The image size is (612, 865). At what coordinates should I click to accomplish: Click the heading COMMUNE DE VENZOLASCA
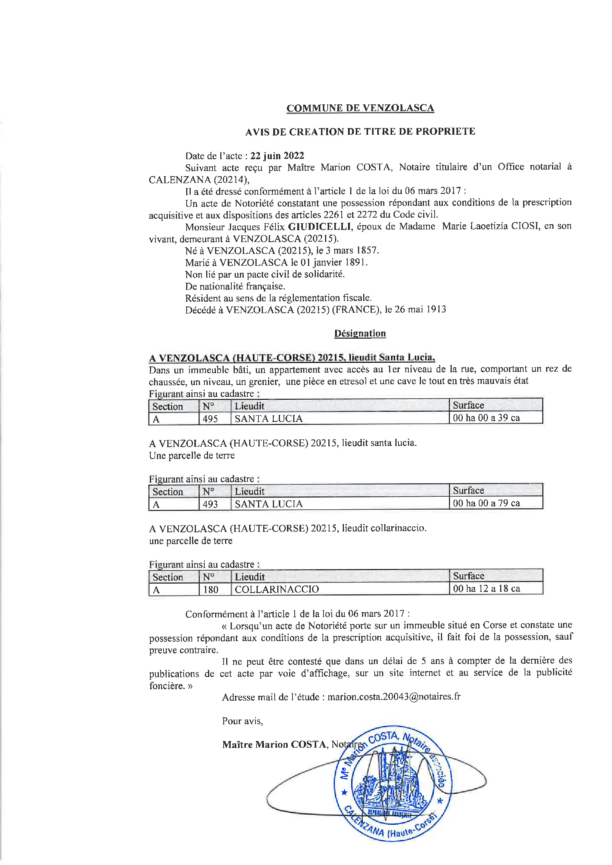pyautogui.click(x=360, y=108)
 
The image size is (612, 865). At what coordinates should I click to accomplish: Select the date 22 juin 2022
pyautogui.click(x=277, y=155)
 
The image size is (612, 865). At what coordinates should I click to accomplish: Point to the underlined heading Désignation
pyautogui.click(x=360, y=333)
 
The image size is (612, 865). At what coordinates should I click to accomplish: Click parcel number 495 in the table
pyautogui.click(x=210, y=419)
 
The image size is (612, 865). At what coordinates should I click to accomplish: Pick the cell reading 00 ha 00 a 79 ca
pyautogui.click(x=486, y=503)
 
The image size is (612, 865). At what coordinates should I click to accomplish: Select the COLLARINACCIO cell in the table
pyautogui.click(x=277, y=589)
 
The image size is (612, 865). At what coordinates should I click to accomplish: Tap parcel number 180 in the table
pyautogui.click(x=211, y=589)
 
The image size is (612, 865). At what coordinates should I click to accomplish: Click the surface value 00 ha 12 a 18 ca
pyautogui.click(x=486, y=588)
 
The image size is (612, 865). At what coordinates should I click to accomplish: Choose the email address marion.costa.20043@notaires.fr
pyautogui.click(x=394, y=697)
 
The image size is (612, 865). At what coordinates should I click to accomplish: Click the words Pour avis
pyautogui.click(x=242, y=721)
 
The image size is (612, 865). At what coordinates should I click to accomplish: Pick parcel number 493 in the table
pyautogui.click(x=210, y=504)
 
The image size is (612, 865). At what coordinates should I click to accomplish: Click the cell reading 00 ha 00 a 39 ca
pyautogui.click(x=486, y=418)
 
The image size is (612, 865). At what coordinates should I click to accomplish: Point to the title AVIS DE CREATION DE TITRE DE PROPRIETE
pyautogui.click(x=360, y=131)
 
